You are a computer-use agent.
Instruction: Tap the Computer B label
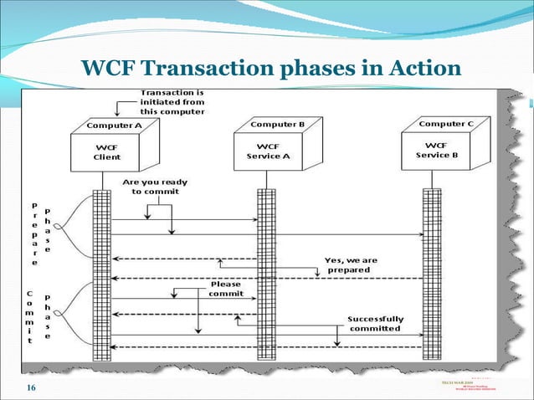coord(276,124)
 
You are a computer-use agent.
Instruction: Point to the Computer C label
coord(446,124)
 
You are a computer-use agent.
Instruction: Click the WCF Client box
coord(107,151)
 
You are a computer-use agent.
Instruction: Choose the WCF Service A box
coord(269,151)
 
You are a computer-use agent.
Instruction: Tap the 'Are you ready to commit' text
coord(155,186)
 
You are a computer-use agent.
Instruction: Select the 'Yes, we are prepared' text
coord(352,264)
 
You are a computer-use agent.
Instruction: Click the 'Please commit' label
coord(226,289)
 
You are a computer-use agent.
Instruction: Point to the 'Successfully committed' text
coord(376,323)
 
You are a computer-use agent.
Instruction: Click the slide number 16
coord(31,387)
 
